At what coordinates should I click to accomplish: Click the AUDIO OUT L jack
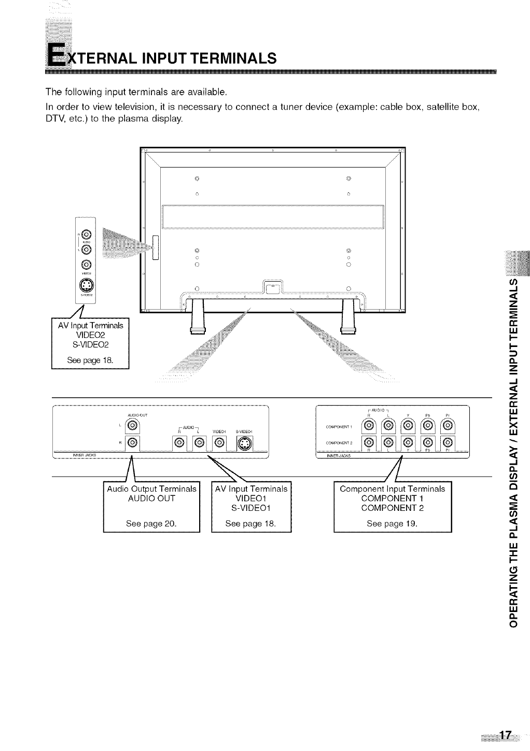click(132, 426)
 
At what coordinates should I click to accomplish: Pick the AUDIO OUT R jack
click(132, 443)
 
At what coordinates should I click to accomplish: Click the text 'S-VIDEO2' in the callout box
click(90, 344)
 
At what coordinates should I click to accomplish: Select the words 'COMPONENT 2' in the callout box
click(392, 508)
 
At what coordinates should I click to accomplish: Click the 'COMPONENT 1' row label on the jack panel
click(338, 427)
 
